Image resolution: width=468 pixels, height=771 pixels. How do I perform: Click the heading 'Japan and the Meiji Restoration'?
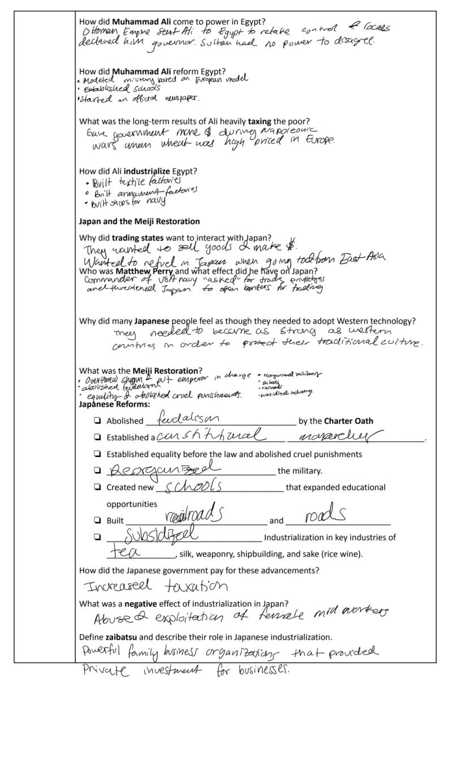[x=139, y=221]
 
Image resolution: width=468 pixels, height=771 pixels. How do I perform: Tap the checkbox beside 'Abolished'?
[x=98, y=420]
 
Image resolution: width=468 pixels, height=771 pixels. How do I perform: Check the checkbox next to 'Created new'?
[x=98, y=486]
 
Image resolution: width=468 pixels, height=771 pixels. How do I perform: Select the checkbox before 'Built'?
[x=98, y=520]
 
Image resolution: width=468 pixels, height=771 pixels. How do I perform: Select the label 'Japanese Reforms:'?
[x=114, y=404]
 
